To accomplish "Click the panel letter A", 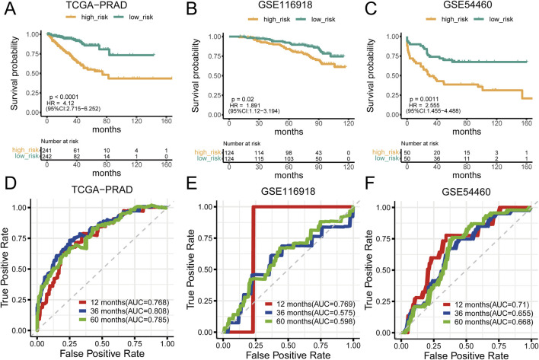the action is pos(10,8).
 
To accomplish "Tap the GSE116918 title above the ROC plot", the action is pos(288,191).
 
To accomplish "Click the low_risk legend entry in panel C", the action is pos(493,19).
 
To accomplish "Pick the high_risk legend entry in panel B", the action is pos(269,20).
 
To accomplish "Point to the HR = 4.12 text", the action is pos(58,103).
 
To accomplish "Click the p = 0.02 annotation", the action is pos(242,99).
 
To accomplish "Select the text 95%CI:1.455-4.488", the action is pos(433,110).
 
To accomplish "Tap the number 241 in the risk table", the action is pos(46,151).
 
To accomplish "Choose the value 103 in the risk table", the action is pos(289,159).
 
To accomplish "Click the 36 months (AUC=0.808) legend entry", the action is pos(124,311).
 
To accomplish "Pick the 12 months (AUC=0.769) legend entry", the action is pos(310,304).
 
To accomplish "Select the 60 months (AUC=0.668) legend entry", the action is pos(488,322).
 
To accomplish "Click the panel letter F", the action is pos(369,183).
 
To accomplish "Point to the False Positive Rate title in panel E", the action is pos(288,355).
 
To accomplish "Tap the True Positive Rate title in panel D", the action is pos(5,268).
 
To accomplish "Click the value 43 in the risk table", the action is pos(319,153).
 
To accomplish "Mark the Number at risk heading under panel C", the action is pos(419,143).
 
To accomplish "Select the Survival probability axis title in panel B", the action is pos(195,75).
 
